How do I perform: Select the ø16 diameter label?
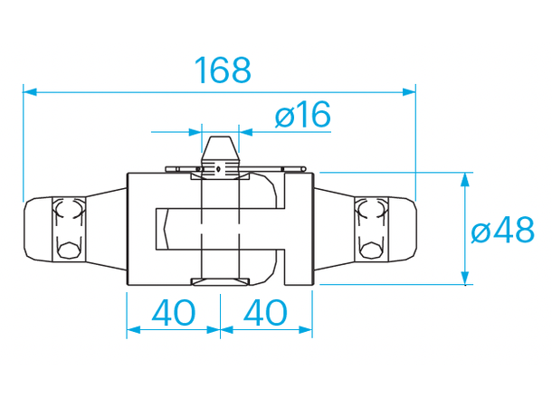[301, 115]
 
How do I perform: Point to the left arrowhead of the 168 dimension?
[29, 91]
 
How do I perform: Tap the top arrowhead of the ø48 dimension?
[466, 178]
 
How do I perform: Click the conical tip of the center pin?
[219, 147]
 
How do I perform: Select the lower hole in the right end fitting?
[368, 248]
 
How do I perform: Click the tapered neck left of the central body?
[107, 229]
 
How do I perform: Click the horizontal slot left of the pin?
[176, 229]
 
